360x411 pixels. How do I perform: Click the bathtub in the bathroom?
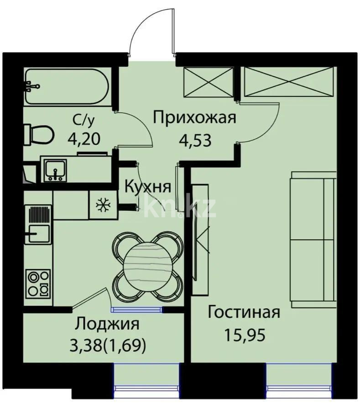(x=66, y=86)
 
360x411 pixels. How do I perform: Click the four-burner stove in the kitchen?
(x=38, y=283)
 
